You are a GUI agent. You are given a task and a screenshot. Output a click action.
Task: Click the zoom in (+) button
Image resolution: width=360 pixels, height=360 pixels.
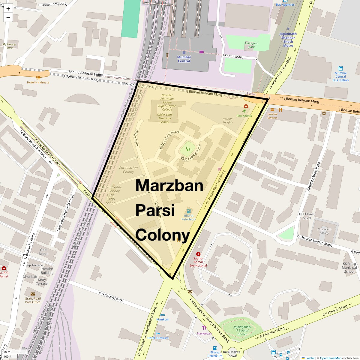click(8, 9)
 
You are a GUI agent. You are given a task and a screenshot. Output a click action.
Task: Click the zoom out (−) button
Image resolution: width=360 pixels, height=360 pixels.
click(8, 17)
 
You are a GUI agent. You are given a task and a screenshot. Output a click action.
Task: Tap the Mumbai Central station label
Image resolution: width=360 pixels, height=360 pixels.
click(184, 59)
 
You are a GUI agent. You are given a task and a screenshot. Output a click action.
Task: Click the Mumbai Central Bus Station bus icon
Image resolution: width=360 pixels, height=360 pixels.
click(340, 68)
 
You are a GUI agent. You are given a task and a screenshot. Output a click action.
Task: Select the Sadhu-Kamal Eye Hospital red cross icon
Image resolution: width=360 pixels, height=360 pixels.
click(198, 254)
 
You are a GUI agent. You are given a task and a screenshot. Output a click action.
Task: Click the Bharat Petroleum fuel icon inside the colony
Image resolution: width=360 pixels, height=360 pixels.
click(189, 211)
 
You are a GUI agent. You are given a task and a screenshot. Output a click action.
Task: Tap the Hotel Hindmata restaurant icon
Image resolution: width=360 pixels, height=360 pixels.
click(38, 78)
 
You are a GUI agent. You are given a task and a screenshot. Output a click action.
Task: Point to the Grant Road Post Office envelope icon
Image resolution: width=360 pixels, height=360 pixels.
click(33, 294)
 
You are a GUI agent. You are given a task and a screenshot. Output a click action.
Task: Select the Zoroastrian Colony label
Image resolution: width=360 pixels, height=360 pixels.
click(128, 170)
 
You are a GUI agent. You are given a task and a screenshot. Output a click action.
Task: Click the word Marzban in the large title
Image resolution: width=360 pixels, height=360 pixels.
click(169, 185)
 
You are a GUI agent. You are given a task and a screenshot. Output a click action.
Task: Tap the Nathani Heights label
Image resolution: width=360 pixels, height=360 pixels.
click(228, 120)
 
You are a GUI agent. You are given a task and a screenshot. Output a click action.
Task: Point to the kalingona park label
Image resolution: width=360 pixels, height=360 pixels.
click(251, 45)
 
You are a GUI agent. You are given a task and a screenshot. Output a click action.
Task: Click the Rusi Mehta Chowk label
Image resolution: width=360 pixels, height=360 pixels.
click(232, 354)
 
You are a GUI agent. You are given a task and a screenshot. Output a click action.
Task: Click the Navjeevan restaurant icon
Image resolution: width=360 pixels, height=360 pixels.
click(204, 328)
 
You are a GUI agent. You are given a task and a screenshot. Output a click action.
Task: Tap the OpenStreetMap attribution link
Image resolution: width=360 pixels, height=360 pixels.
click(331, 358)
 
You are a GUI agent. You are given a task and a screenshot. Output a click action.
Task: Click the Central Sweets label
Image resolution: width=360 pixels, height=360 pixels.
click(272, 116)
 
